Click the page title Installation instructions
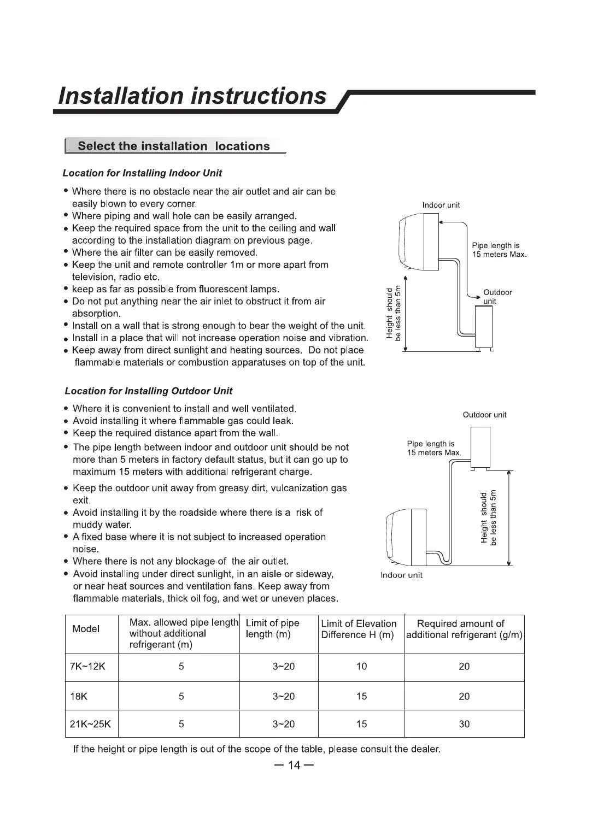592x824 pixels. click(192, 96)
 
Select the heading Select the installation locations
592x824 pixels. click(174, 146)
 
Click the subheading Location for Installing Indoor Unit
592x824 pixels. click(142, 173)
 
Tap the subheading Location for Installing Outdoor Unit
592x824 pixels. click(148, 391)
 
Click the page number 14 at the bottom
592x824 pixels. click(294, 765)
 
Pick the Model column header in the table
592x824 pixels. click(86, 629)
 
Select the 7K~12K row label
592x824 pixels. click(87, 667)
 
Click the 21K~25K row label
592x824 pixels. click(90, 725)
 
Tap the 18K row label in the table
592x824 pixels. click(79, 697)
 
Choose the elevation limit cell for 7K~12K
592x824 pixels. click(361, 667)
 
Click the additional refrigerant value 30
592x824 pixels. click(464, 725)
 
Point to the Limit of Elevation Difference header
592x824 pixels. click(359, 629)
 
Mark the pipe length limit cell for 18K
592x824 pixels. click(283, 697)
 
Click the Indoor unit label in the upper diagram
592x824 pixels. click(441, 205)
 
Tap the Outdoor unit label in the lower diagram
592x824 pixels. click(484, 415)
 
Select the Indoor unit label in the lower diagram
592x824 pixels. click(401, 575)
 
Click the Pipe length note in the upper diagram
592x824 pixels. click(499, 250)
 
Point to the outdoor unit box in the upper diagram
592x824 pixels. click(484, 326)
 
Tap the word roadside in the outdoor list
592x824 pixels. click(184, 513)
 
